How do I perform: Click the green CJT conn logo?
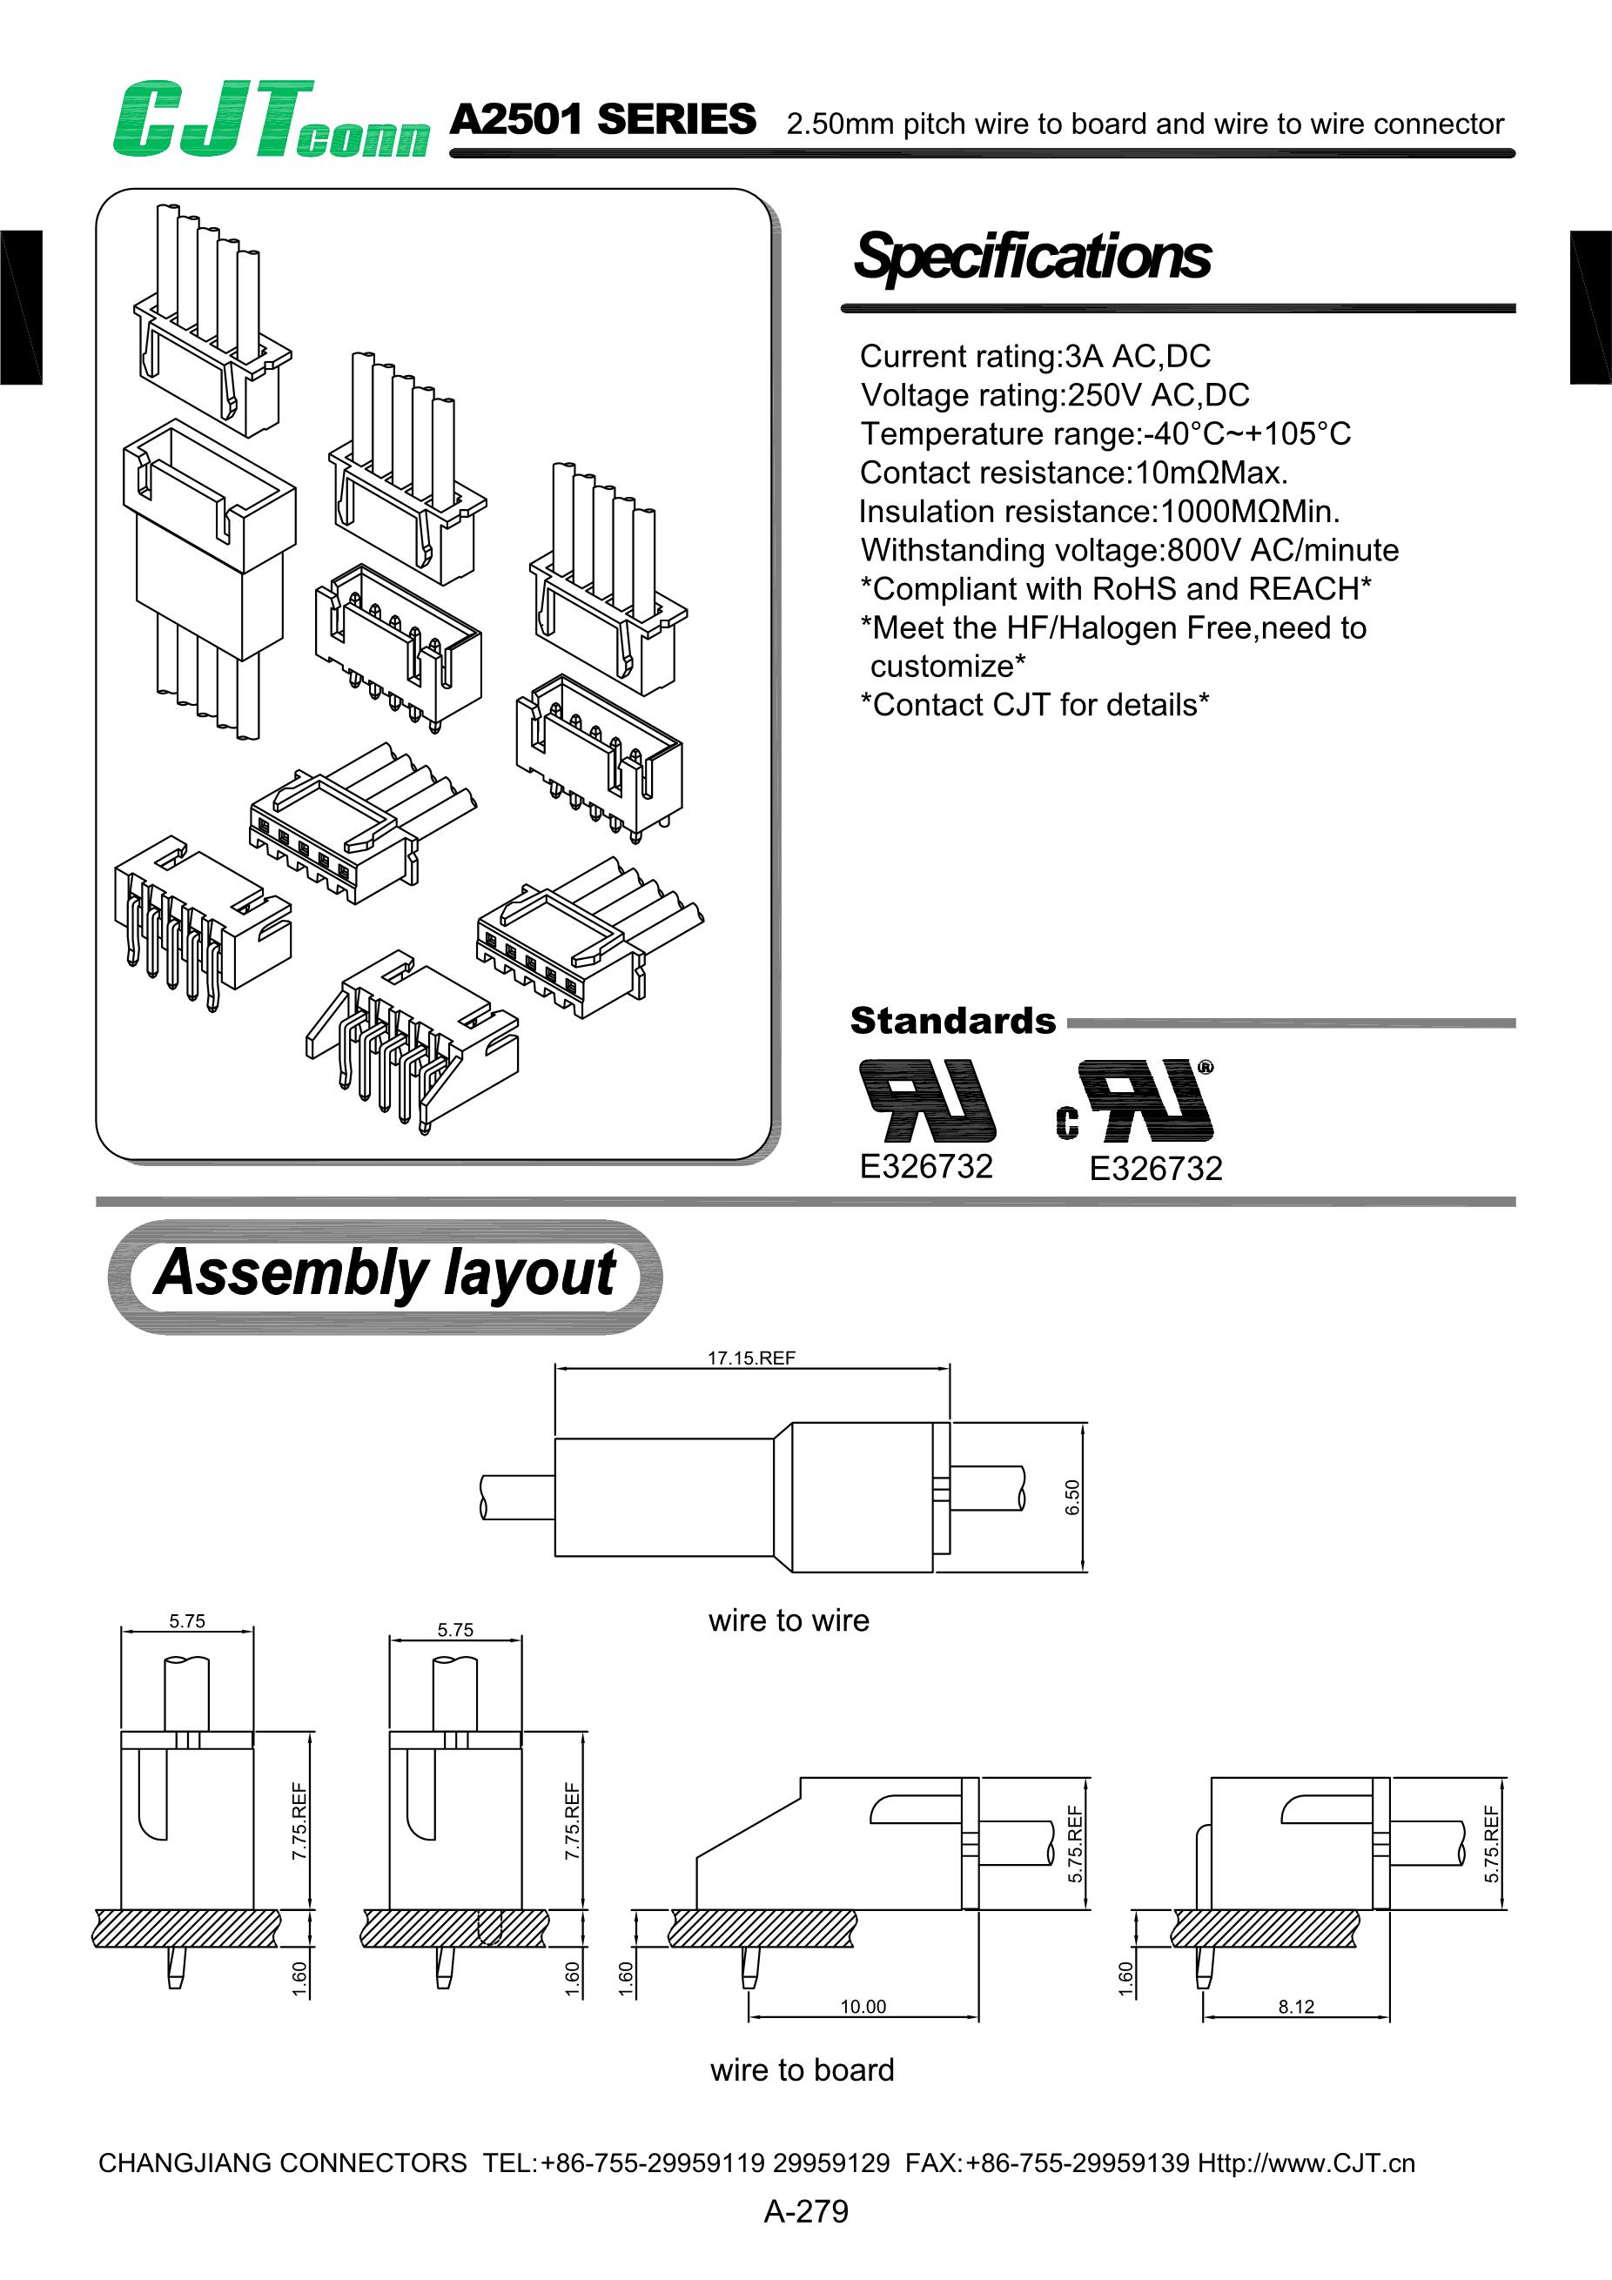(x=270, y=120)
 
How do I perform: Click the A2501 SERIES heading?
(x=603, y=120)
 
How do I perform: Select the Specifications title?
(x=1032, y=256)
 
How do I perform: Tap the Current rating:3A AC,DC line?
(x=1035, y=357)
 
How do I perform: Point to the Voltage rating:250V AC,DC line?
(x=1055, y=395)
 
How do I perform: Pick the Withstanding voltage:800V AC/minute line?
(x=1129, y=550)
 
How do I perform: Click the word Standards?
(x=952, y=1021)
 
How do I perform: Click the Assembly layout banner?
(x=385, y=1274)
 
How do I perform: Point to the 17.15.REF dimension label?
(x=751, y=1358)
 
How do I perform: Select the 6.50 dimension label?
(x=1071, y=1497)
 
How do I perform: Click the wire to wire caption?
(x=789, y=1620)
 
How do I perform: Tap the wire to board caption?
(x=802, y=2070)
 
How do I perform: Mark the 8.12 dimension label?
(x=1295, y=2006)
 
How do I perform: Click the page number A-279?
(x=805, y=2211)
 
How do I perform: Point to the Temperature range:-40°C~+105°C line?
(x=1105, y=434)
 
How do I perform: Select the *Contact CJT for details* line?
(x=1034, y=705)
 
